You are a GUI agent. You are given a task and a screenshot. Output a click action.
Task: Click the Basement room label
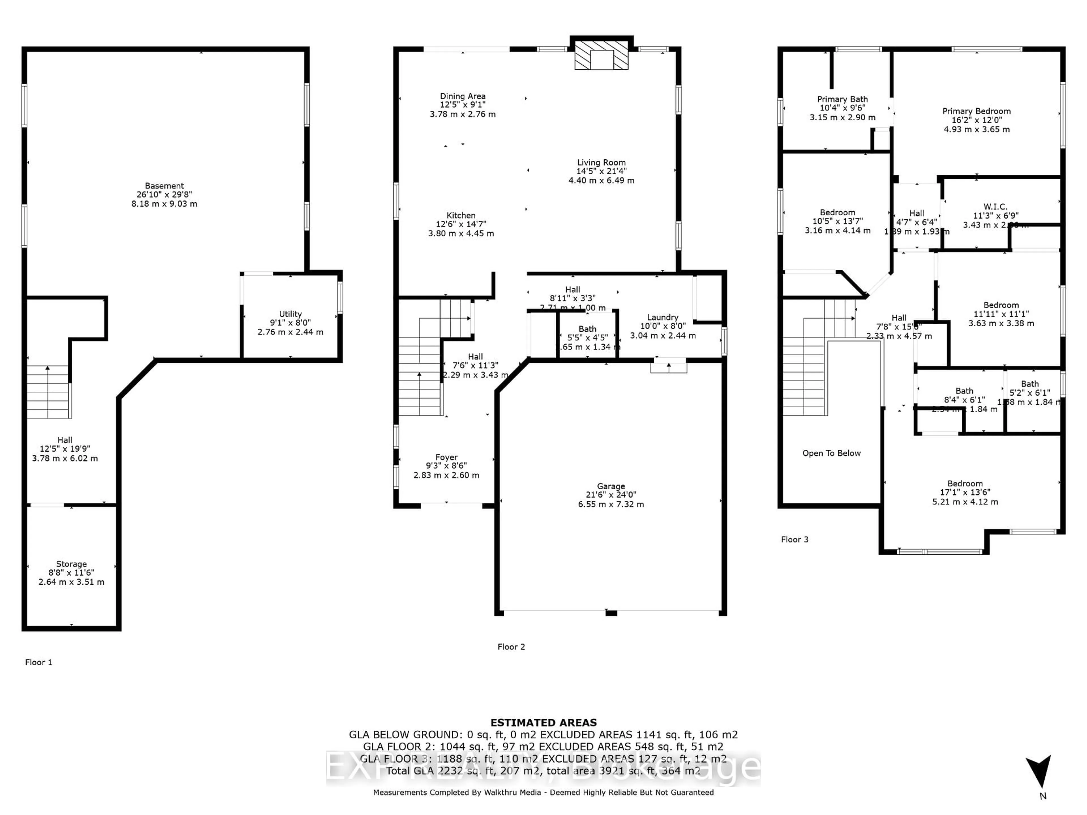[x=164, y=186]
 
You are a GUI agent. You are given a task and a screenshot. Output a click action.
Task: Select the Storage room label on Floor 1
[x=71, y=564]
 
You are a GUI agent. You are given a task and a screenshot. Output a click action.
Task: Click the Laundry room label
[x=662, y=317]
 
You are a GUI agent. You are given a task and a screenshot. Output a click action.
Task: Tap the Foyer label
[x=446, y=457]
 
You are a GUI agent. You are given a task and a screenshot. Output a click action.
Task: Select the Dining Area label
[x=463, y=96]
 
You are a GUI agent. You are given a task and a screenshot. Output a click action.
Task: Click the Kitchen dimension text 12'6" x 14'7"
[x=461, y=224]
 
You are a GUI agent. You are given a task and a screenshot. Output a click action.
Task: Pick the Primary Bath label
[x=842, y=99]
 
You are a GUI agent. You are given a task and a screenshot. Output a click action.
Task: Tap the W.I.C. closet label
[x=995, y=207]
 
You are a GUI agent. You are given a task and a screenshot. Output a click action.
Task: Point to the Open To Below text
[x=831, y=453]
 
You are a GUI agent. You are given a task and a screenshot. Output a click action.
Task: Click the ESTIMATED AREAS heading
[x=543, y=723]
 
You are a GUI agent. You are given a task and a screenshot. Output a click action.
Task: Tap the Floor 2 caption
[x=511, y=647]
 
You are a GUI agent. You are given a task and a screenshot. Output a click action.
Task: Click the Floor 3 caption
[x=795, y=539]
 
